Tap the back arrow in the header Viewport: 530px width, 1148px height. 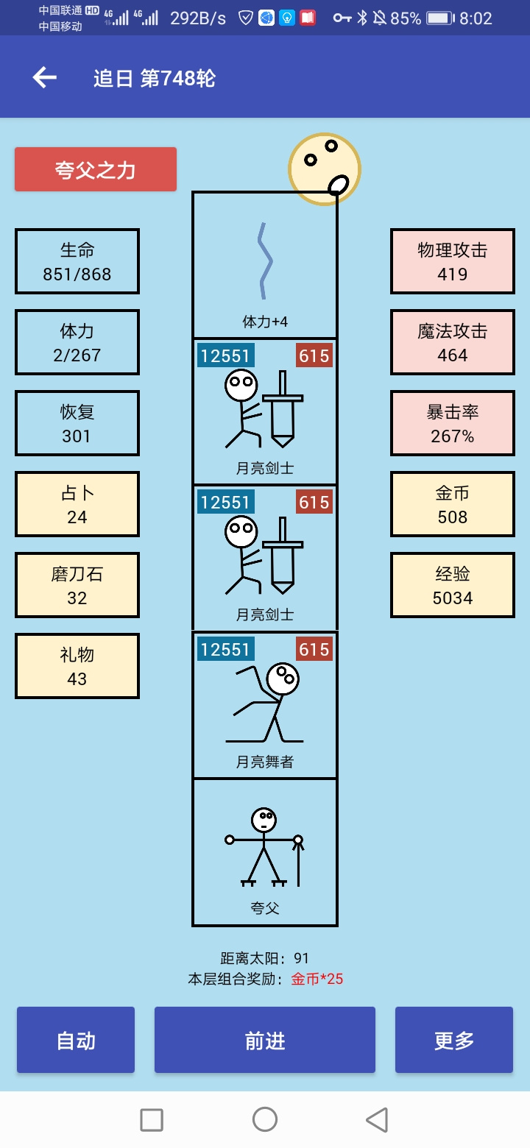[x=45, y=78]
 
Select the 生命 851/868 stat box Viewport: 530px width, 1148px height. [x=77, y=261]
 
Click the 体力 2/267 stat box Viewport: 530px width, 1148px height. [x=77, y=342]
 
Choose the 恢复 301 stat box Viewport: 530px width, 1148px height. [x=77, y=423]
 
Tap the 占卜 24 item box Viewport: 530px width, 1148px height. [x=77, y=504]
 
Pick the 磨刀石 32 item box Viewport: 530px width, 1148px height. [x=77, y=585]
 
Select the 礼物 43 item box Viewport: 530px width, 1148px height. [x=77, y=666]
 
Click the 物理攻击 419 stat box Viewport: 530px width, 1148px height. [x=453, y=261]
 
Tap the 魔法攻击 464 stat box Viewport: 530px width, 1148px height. [x=453, y=342]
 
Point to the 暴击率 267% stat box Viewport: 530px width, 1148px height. [x=453, y=423]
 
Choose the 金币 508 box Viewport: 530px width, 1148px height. [x=453, y=504]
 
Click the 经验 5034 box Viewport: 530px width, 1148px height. [x=453, y=585]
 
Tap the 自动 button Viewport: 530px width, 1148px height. [x=76, y=1040]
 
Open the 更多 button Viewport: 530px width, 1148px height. [x=454, y=1040]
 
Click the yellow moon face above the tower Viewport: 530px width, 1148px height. [x=325, y=169]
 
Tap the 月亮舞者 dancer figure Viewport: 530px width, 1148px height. [x=264, y=704]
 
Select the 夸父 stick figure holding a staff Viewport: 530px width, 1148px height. [x=264, y=847]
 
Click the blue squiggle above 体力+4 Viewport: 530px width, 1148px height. [x=264, y=261]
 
